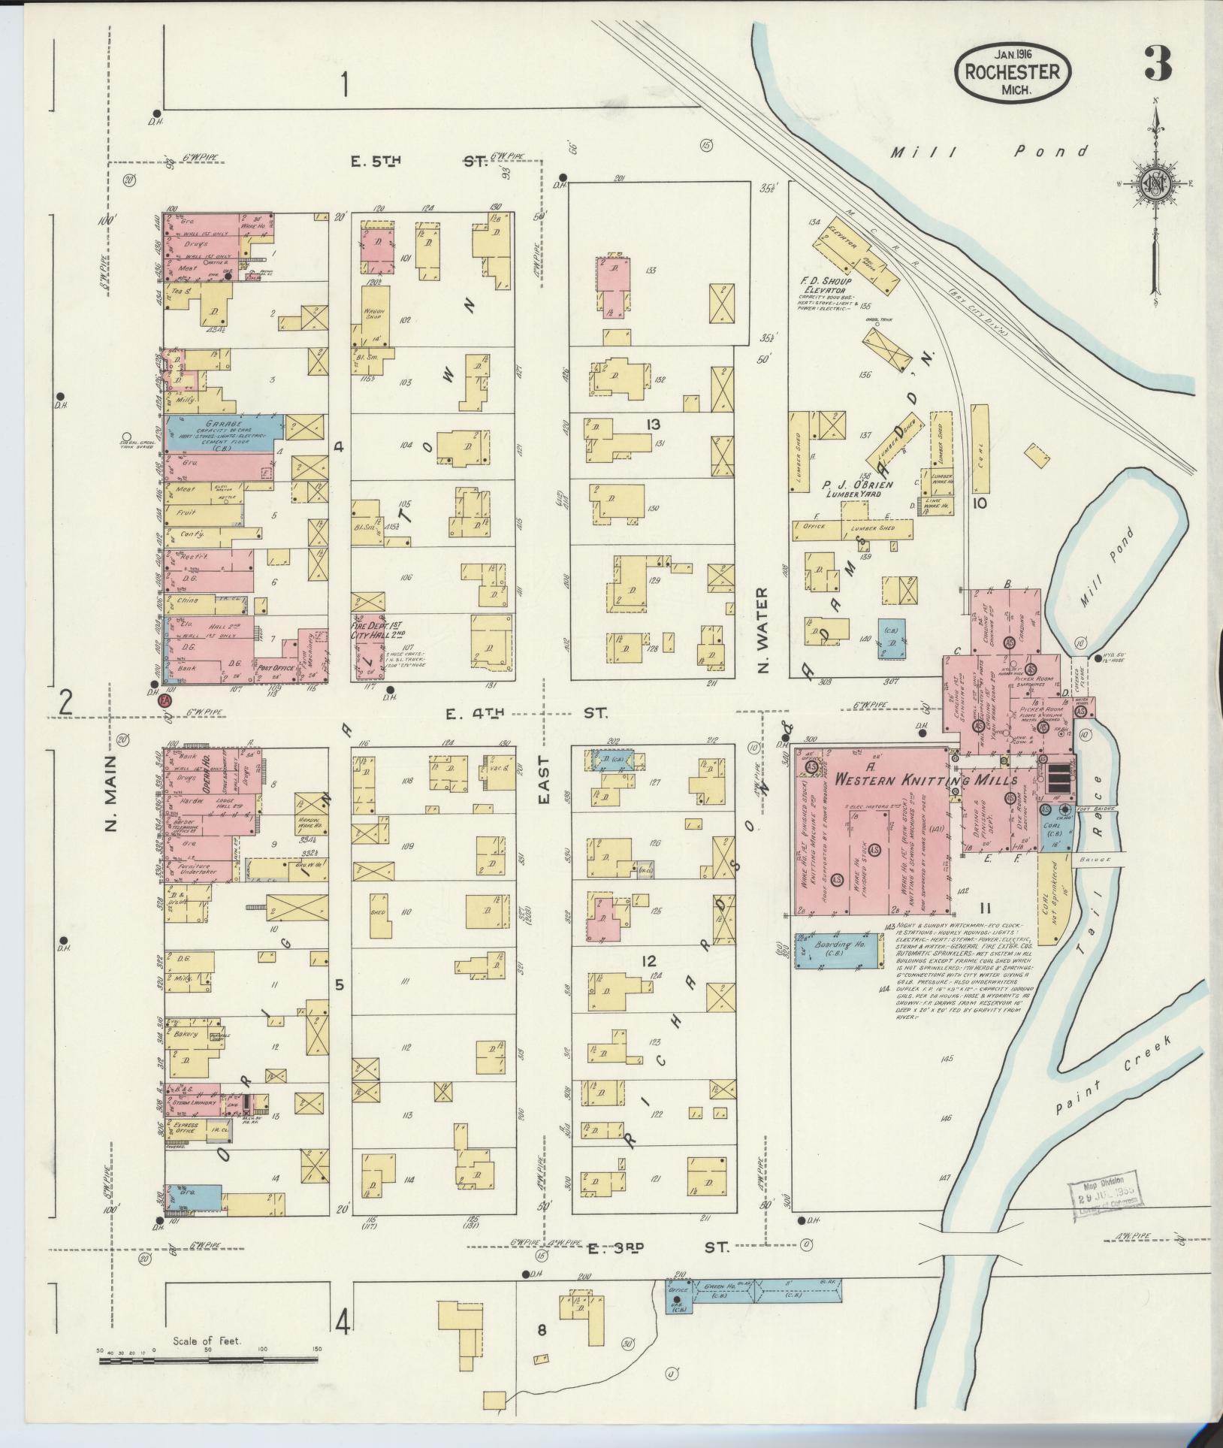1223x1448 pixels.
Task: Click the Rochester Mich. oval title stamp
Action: [1013, 73]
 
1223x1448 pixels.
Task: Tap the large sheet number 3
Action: [1158, 64]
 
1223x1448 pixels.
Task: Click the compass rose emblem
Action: [1154, 184]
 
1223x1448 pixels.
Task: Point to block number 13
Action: [651, 425]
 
